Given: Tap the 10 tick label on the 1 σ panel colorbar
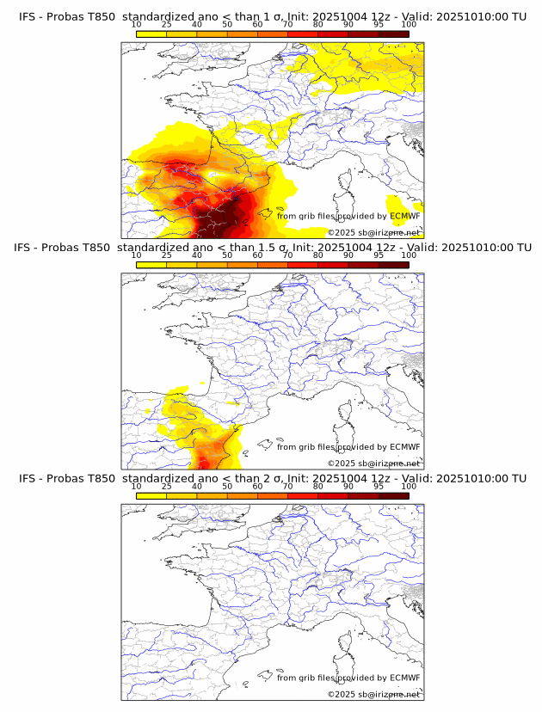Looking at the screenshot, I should (x=137, y=25).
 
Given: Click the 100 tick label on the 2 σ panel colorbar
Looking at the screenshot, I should (x=409, y=486).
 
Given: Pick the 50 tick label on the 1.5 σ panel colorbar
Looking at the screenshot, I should (x=227, y=255).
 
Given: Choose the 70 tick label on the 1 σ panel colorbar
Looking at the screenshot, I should (x=287, y=25).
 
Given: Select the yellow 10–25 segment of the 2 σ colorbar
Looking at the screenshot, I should (x=151, y=494).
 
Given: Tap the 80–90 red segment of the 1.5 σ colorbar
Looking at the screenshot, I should (x=333, y=264).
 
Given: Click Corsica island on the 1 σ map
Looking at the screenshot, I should (x=346, y=184).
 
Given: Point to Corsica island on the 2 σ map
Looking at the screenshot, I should (x=346, y=646).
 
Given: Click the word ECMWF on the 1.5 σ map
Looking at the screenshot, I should (x=404, y=447).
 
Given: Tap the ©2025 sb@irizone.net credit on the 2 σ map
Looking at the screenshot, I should (x=373, y=694).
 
